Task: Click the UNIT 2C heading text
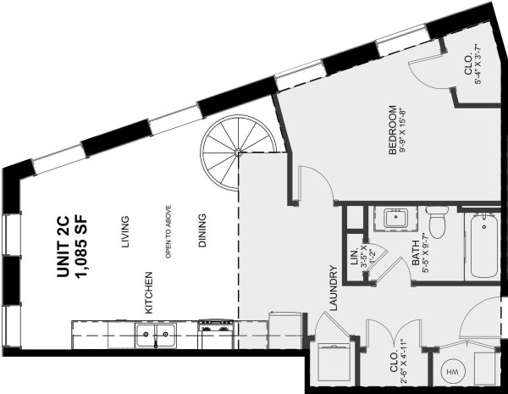tap(63, 247)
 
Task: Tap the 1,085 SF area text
tap(81, 247)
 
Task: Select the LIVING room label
tap(125, 232)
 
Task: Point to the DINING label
tap(202, 230)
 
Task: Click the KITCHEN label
tap(148, 293)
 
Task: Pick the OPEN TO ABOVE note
tap(168, 231)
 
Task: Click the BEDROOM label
tap(392, 130)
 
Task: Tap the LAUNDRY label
tap(334, 288)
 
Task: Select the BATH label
tap(416, 253)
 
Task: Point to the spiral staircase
tap(239, 153)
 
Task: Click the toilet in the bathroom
tap(438, 222)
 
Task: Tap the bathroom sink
tap(395, 219)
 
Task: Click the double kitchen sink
tap(156, 335)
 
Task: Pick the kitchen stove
tap(216, 335)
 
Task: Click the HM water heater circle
tap(453, 372)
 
